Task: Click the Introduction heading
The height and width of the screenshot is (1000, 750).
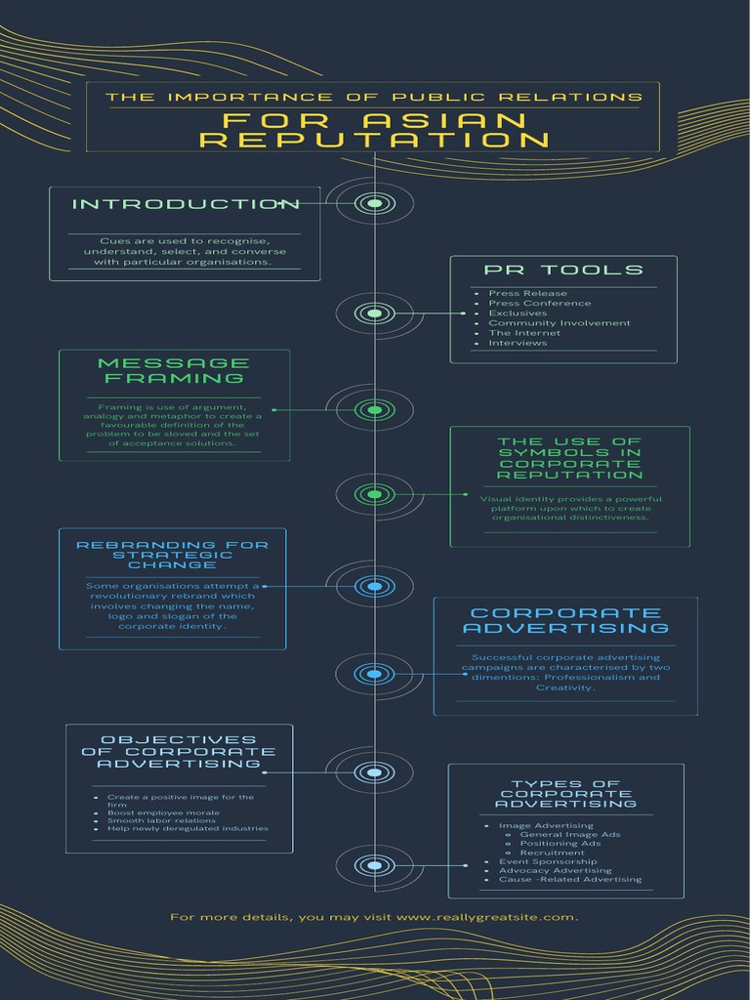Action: [186, 204]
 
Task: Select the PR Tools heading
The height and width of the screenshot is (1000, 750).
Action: [563, 270]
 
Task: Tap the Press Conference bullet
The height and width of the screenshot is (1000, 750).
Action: [539, 303]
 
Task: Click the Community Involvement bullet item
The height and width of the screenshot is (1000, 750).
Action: [560, 322]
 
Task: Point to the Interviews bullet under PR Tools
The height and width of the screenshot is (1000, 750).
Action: [518, 343]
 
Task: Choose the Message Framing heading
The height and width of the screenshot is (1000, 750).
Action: [174, 370]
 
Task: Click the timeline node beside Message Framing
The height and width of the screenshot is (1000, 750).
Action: [375, 409]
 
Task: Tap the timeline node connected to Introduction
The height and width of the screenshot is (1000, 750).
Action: [375, 203]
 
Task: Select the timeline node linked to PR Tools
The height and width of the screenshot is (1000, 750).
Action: [375, 313]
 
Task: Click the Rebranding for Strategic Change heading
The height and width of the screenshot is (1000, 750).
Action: [173, 555]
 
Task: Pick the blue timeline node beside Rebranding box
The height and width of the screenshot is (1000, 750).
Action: [375, 586]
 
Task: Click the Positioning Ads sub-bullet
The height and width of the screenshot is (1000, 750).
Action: [560, 843]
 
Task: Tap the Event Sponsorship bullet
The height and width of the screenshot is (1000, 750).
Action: [548, 861]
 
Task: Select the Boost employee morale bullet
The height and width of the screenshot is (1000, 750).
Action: [163, 812]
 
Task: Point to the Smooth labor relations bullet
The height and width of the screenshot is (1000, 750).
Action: [161, 820]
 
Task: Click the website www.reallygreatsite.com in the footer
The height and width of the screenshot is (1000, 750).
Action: [486, 917]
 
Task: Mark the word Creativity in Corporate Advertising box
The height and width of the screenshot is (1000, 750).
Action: [565, 687]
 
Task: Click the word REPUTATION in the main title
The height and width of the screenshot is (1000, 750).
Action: [375, 141]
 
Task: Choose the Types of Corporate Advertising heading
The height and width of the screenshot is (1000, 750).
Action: [565, 794]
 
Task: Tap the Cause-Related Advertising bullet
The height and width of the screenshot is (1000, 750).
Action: [570, 880]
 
